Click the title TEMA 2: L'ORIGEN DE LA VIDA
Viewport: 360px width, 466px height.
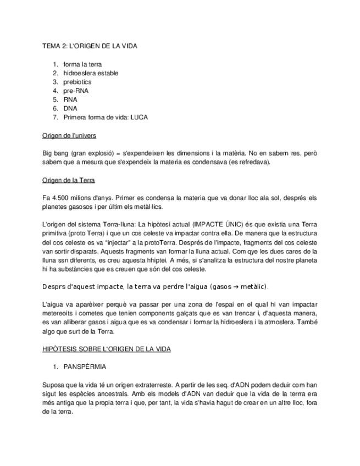[x=90, y=46]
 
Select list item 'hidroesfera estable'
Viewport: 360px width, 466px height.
[x=91, y=73]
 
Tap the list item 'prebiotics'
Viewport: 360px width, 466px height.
[x=77, y=82]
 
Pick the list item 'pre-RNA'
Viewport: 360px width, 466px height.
[x=76, y=91]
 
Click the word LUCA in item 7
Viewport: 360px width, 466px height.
[x=139, y=117]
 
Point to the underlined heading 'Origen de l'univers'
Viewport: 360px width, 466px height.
[x=69, y=135]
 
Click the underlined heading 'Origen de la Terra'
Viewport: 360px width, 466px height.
[x=69, y=180]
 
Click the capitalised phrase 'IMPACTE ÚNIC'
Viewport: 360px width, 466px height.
[x=212, y=224]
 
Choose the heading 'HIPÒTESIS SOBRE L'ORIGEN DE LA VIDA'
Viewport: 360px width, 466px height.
[x=107, y=349]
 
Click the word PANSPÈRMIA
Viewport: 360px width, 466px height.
[x=85, y=367]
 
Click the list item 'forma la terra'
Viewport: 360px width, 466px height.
[x=83, y=64]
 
